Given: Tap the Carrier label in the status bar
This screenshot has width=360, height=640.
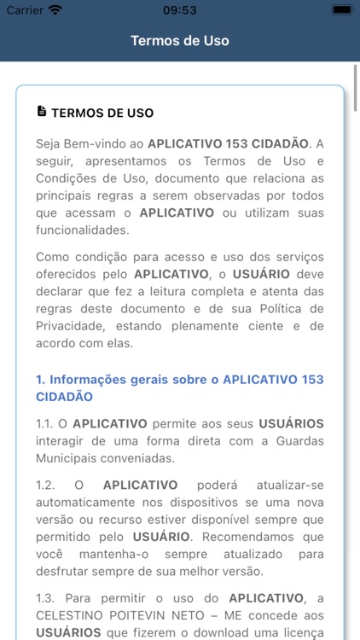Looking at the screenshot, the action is coord(25,10).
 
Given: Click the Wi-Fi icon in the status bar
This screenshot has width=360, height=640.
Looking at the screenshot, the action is coord(55,10).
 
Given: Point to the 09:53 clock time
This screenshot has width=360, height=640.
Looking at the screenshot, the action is coord(179,10).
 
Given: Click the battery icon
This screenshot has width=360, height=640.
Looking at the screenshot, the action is coord(341,10).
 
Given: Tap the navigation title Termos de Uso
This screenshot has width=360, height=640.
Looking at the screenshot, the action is coord(180,40).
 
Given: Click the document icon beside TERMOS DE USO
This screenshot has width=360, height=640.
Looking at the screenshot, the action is coord(41,112).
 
